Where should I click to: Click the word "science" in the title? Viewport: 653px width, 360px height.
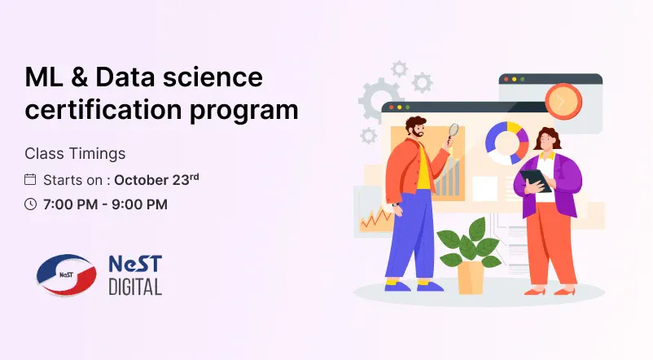213,77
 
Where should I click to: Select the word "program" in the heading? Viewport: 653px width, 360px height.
244,112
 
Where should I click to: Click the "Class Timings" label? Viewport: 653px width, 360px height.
75,153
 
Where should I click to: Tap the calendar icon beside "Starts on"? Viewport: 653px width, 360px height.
30,179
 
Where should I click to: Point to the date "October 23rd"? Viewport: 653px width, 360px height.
156,179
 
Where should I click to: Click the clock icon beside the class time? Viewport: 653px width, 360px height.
30,204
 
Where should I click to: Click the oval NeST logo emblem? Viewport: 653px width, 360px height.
66,274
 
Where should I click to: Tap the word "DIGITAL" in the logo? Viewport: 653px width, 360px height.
135,288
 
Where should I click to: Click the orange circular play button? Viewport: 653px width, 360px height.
563,101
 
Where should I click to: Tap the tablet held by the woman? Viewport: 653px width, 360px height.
536,181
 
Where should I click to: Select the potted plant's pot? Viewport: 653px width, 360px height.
471,277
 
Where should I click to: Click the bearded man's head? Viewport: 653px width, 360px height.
416,128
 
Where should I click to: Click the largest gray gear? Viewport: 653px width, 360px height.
379,99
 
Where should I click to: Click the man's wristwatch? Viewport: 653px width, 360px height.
395,204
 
